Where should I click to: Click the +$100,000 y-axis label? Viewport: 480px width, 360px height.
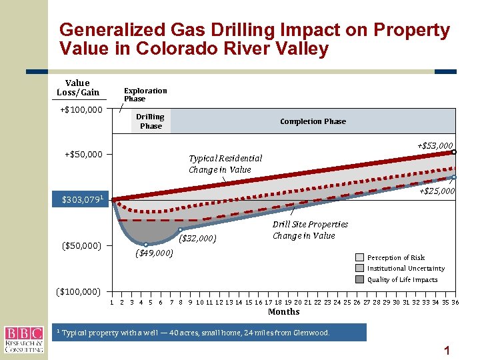[79, 109]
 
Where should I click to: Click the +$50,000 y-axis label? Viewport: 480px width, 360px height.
[83, 155]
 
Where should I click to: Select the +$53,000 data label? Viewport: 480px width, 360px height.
[435, 145]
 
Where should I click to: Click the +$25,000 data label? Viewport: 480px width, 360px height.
[437, 191]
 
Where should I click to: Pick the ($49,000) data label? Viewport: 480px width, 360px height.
[154, 253]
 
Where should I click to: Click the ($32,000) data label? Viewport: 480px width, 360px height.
[198, 238]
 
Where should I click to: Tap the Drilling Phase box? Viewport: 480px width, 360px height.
[151, 121]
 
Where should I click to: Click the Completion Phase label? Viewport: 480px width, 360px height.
[313, 121]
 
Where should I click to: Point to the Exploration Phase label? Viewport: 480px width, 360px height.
[145, 95]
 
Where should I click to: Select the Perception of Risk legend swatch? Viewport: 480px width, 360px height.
[359, 257]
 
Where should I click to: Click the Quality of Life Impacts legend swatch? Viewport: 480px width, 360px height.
[359, 279]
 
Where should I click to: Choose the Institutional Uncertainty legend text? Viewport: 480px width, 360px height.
[405, 269]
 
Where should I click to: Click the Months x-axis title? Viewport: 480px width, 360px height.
[283, 311]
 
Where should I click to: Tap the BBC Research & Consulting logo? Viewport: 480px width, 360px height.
[24, 339]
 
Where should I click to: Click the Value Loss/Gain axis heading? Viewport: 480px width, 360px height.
[78, 88]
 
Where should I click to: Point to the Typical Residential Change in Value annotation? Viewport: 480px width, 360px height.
[225, 164]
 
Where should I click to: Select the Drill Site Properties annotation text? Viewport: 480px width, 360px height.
[310, 230]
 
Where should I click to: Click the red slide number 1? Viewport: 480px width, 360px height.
[447, 350]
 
